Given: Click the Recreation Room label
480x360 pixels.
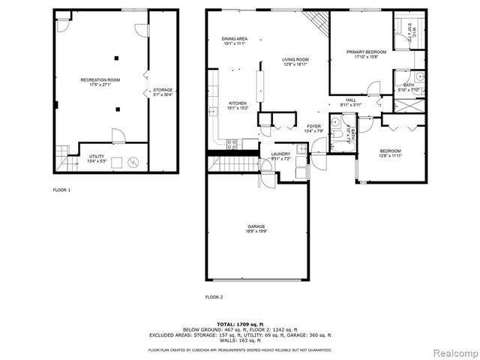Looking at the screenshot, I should (x=100, y=81).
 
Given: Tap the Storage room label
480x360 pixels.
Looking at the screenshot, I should (x=163, y=91).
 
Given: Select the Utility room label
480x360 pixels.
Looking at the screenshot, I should (x=98, y=159).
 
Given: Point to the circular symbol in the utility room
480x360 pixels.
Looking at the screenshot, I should (x=133, y=160).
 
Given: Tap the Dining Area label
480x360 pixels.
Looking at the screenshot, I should (x=234, y=41).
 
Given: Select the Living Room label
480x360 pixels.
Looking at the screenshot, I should (x=295, y=61).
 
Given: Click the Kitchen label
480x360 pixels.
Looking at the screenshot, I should (x=238, y=105).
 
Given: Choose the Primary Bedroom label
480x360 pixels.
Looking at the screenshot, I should (x=366, y=54).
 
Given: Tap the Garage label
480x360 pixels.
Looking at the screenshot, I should (x=256, y=228).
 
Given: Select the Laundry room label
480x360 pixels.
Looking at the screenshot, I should (x=280, y=156).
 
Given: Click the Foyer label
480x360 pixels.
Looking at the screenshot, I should (x=313, y=128).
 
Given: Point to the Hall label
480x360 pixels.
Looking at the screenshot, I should (x=350, y=102).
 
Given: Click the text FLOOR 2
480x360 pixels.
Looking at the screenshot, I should (x=214, y=297).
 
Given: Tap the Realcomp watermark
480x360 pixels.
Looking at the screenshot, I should (x=453, y=351).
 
